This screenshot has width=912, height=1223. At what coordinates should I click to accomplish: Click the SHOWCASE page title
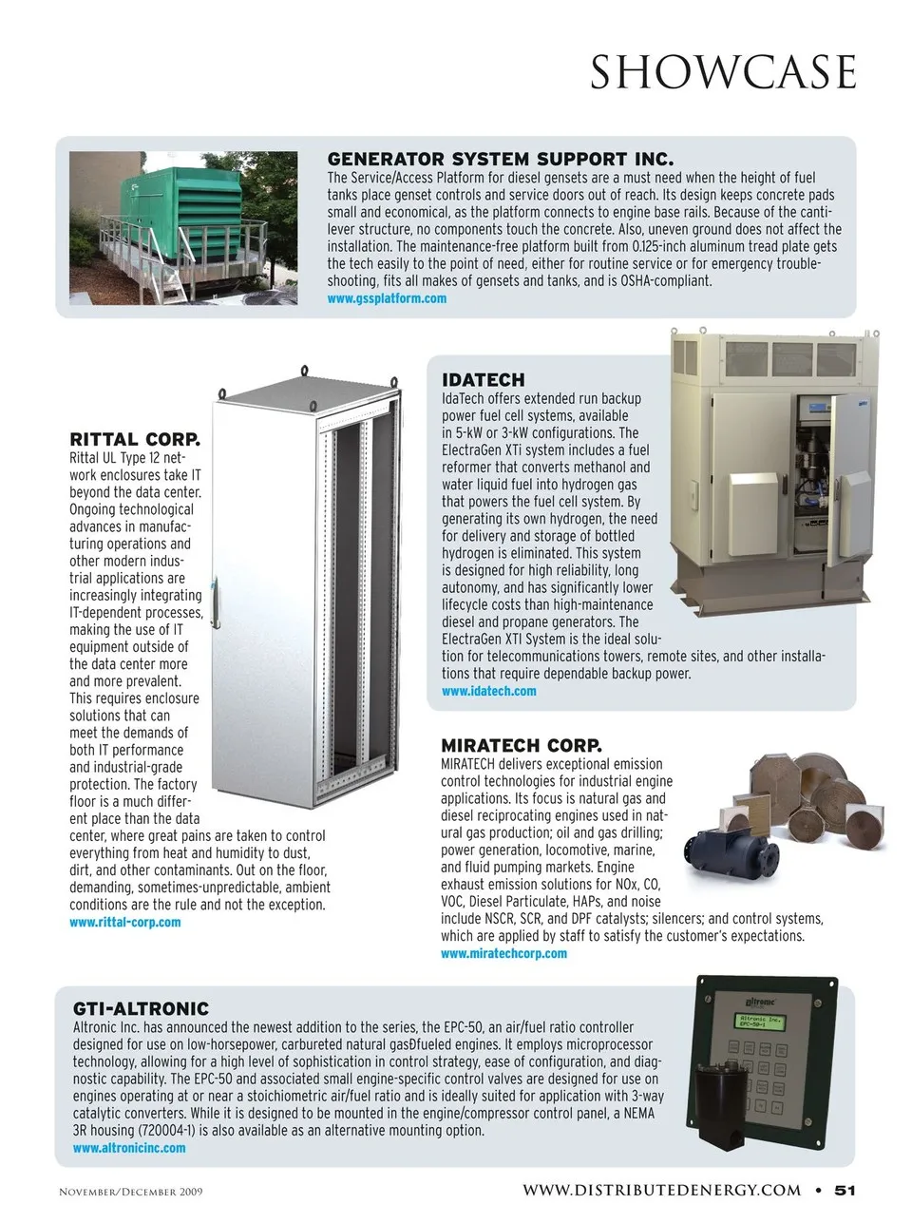tap(723, 72)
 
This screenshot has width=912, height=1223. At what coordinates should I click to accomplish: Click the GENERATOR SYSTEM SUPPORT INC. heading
tap(500, 159)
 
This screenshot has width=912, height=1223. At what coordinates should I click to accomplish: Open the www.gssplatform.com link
tap(386, 298)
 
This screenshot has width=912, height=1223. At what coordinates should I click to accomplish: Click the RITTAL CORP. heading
tap(135, 439)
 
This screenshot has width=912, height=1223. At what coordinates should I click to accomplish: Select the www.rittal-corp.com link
tap(124, 922)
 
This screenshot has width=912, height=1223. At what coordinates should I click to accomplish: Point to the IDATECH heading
tap(483, 380)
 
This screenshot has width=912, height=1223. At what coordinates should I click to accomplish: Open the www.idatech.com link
tap(488, 691)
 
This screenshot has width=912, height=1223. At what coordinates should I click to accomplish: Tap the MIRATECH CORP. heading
tap(521, 745)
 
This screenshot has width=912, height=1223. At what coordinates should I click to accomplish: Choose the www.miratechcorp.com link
tap(503, 953)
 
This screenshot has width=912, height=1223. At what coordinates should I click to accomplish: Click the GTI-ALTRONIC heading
tap(141, 1008)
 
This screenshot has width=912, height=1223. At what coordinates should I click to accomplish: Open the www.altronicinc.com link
tap(129, 1148)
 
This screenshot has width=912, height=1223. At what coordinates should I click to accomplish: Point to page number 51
tap(845, 1190)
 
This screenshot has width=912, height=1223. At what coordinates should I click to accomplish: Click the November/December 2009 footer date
tap(130, 1192)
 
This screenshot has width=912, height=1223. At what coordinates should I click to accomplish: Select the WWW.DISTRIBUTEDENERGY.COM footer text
tap(661, 1190)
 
